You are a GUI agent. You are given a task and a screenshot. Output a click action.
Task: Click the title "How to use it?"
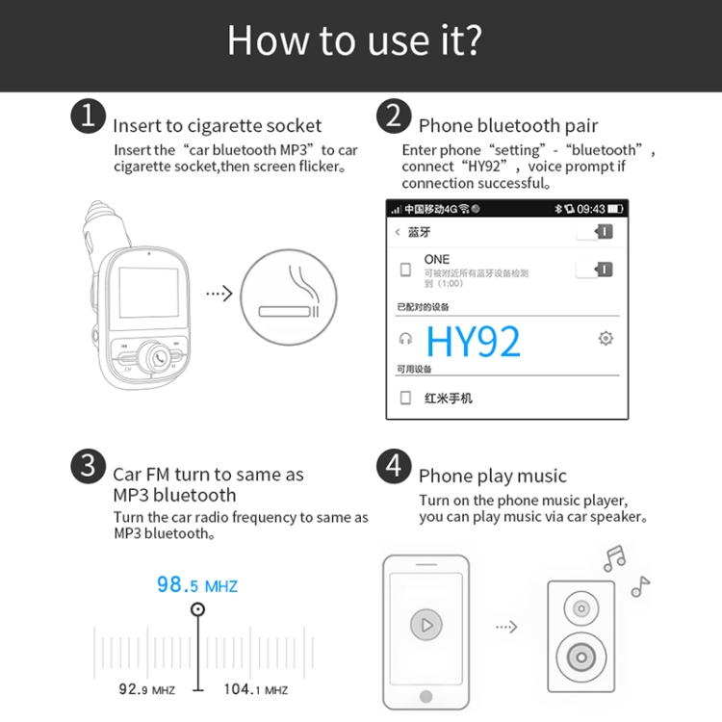[354, 40]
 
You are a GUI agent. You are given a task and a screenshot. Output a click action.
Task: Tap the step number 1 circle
[88, 117]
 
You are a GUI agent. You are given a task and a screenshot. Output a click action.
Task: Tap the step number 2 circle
[393, 117]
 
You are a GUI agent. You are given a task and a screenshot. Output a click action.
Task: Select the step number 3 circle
[88, 468]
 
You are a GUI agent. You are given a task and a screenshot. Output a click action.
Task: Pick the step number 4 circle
[393, 468]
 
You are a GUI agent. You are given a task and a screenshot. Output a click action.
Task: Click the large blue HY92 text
[473, 342]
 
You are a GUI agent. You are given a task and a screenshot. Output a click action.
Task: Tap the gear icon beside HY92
[606, 338]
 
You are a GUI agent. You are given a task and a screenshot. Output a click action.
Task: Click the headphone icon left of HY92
[406, 339]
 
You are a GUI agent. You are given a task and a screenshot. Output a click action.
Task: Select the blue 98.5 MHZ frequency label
[197, 585]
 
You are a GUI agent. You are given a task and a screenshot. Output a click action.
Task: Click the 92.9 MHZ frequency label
[146, 689]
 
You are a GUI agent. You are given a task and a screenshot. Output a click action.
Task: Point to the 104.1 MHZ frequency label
[255, 689]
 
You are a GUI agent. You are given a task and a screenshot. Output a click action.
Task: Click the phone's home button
[425, 696]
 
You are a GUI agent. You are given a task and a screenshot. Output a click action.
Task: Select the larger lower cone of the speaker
[580, 658]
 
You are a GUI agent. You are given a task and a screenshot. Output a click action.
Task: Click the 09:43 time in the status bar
[590, 209]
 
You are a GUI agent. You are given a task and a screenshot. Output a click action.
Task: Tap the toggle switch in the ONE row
[594, 270]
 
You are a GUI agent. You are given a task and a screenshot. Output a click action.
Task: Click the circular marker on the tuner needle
[198, 609]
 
